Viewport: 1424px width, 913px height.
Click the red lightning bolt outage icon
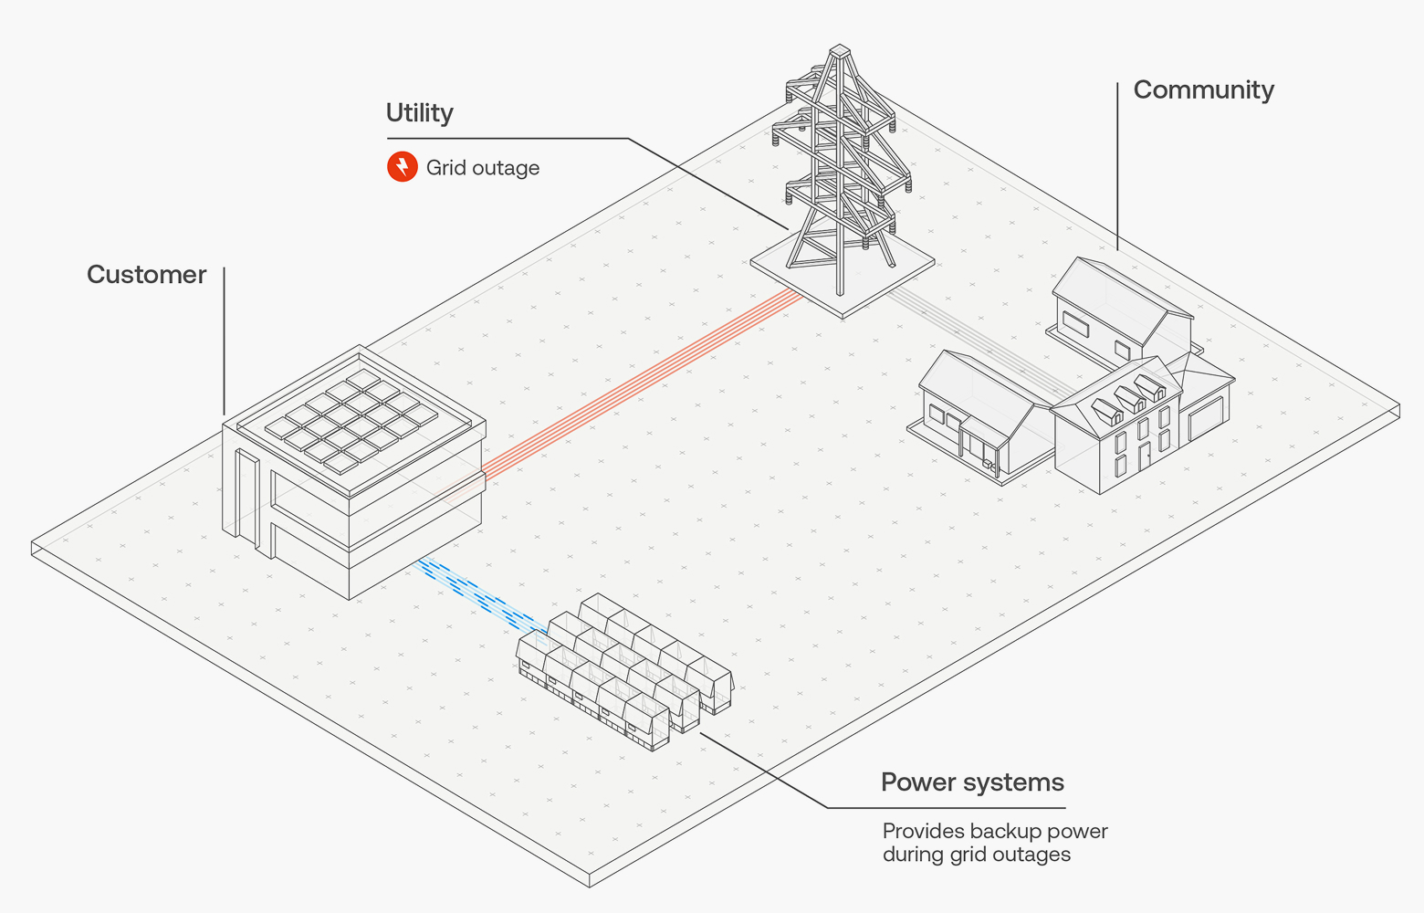402,167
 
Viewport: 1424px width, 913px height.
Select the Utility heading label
419,113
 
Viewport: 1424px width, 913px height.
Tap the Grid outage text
482,168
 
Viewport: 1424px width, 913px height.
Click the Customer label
146,275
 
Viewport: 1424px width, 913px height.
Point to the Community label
1203,90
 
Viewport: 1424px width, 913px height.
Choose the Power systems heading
972,782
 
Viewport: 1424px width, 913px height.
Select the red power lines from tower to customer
639,383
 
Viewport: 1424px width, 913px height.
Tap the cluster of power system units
626,671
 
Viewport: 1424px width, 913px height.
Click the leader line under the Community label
1117,164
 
